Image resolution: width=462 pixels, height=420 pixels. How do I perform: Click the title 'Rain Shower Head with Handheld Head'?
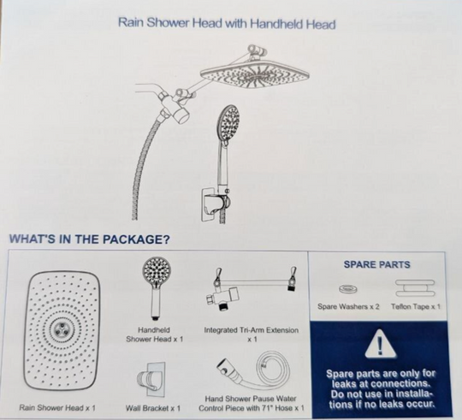point(227,24)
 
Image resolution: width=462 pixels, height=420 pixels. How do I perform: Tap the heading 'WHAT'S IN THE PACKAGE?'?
point(90,239)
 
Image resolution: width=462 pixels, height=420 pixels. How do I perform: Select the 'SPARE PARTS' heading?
point(376,264)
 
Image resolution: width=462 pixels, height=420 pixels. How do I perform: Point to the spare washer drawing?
point(348,289)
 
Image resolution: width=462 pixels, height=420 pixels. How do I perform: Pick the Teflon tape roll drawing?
point(415,288)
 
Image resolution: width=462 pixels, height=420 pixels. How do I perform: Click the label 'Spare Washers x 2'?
point(348,306)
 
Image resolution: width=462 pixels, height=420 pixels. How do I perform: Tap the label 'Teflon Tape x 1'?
point(416,306)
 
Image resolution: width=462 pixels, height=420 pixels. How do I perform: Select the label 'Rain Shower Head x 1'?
point(57,408)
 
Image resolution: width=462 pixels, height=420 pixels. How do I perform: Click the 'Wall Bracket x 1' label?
point(153,408)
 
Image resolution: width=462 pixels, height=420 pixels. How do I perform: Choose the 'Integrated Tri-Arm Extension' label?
point(251,330)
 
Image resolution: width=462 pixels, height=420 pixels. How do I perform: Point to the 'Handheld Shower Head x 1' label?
point(154,334)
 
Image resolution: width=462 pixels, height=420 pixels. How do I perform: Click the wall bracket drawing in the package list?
point(151,379)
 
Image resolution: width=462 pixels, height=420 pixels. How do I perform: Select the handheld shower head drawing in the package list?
point(156,288)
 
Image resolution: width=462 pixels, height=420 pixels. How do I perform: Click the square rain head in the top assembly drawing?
point(255,75)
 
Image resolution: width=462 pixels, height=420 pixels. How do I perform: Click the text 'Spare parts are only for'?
point(381,374)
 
